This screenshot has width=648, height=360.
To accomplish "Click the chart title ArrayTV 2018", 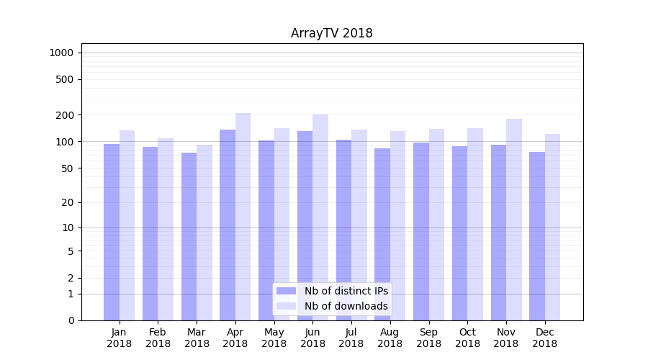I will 331,33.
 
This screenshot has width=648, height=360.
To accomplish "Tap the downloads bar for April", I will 243,216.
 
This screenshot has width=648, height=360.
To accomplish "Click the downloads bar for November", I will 513,220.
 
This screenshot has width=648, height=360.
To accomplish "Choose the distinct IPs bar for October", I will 459,233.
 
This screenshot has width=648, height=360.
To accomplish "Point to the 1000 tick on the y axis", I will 61,53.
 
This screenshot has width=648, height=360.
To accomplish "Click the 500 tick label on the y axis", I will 66,79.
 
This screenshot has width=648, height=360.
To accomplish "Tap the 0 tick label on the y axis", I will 71,320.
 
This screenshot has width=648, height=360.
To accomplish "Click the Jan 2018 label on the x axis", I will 120,338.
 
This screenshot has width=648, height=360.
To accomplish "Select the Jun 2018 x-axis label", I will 312,338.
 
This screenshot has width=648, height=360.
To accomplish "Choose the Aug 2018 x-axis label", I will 390,338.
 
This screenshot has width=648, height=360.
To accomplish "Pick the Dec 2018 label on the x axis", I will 544,338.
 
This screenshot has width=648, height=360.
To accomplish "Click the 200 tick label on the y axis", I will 66,115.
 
